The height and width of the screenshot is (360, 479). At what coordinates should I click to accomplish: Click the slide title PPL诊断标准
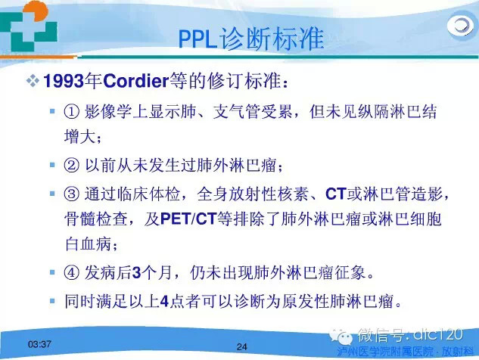(x=250, y=37)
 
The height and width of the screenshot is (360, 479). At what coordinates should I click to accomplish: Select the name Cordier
(x=129, y=79)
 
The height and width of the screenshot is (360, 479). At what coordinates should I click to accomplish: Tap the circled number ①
(x=71, y=112)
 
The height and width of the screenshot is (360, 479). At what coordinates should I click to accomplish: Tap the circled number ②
(x=71, y=165)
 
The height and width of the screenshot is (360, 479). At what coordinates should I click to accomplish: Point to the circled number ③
(x=71, y=194)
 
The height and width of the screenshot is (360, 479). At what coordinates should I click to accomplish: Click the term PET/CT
(x=185, y=220)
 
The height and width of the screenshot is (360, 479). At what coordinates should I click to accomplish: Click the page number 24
(x=242, y=347)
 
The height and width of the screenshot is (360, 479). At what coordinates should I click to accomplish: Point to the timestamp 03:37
(x=39, y=345)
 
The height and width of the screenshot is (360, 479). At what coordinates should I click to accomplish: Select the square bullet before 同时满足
(x=51, y=301)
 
